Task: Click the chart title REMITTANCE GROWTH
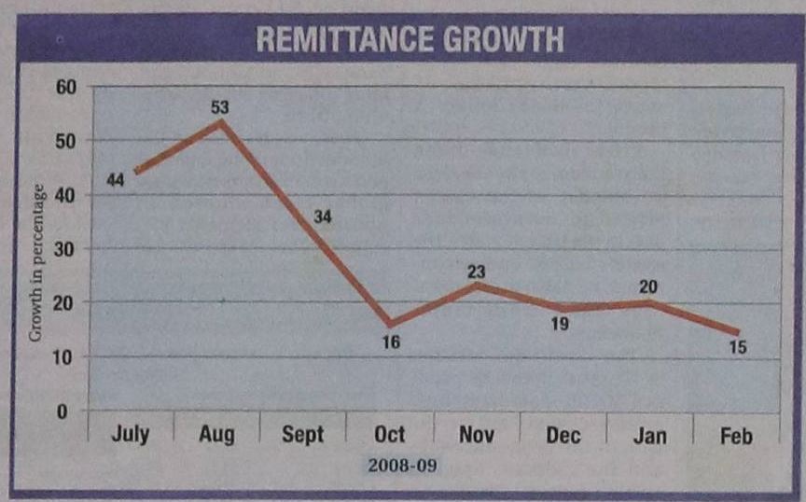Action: click(410, 40)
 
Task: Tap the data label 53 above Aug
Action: click(220, 107)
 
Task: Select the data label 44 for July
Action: click(116, 179)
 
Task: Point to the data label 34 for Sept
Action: click(322, 217)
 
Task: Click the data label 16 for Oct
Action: click(390, 342)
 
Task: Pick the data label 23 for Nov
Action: click(477, 272)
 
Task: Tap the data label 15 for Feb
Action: click(738, 347)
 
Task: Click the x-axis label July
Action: click(130, 435)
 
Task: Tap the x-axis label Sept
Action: click(302, 435)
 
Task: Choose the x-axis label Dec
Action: click(563, 435)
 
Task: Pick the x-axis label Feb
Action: click(737, 435)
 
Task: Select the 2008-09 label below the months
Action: click(402, 465)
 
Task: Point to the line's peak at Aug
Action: click(220, 121)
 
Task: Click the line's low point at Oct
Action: click(390, 325)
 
